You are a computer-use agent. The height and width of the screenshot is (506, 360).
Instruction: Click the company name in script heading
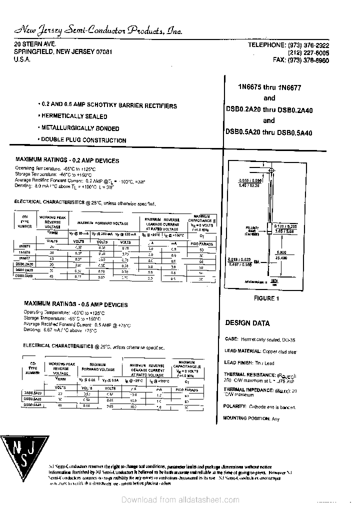[x=98, y=31]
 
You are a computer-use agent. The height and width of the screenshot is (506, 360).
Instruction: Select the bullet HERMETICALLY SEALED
[x=73, y=116]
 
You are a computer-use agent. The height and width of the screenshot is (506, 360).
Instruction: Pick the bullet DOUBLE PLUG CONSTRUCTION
[x=83, y=140]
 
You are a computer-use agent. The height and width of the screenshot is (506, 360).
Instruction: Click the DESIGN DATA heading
[x=247, y=323]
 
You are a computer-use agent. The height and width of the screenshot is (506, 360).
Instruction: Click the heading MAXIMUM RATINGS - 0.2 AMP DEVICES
[x=67, y=160]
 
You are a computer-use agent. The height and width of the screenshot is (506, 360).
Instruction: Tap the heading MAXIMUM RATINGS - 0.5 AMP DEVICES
[x=75, y=304]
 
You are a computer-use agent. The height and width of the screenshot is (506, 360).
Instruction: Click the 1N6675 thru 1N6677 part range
[x=269, y=86]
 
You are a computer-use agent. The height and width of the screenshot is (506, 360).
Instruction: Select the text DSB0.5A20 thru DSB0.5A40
[x=268, y=132]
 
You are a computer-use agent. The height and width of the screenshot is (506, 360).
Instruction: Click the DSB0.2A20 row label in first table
[x=24, y=263]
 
